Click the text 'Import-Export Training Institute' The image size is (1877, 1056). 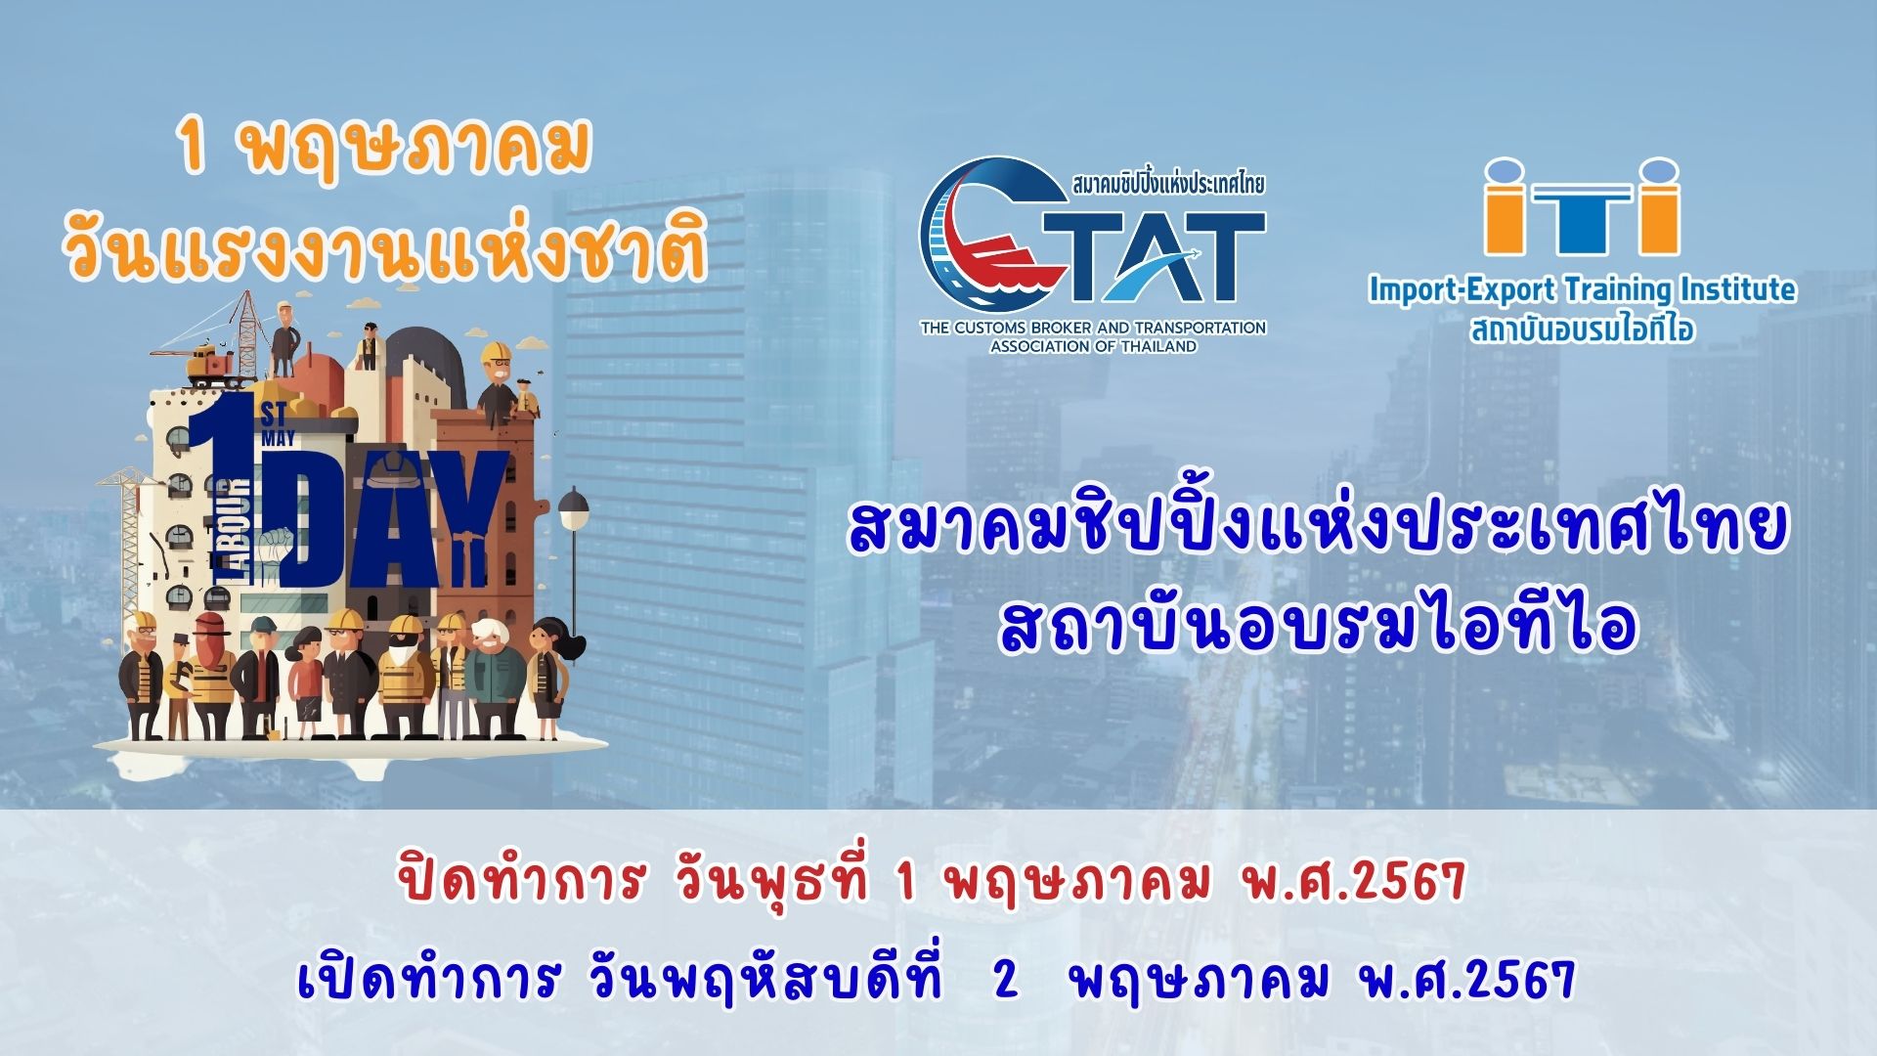click(x=1582, y=289)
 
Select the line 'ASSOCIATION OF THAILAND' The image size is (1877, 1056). click(x=1093, y=346)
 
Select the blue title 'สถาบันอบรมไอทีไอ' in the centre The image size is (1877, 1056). click(x=1317, y=627)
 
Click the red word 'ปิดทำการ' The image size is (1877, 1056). click(x=521, y=880)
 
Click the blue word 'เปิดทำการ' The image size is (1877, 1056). click(x=429, y=977)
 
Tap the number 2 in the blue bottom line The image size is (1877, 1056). click(x=1006, y=979)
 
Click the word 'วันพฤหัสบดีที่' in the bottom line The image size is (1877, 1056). click(x=766, y=977)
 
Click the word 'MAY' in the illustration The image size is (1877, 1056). click(x=278, y=439)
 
